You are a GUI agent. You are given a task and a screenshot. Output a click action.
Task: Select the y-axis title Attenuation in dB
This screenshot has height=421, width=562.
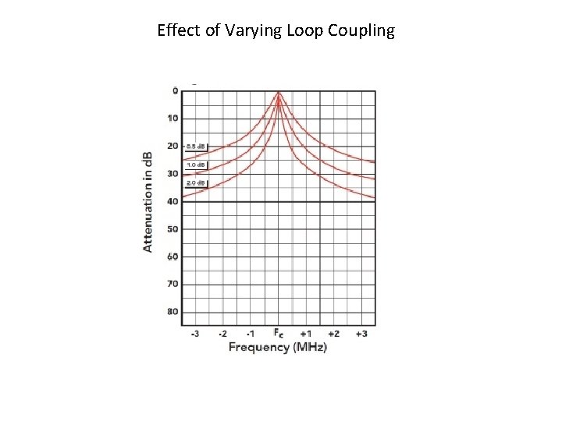148,201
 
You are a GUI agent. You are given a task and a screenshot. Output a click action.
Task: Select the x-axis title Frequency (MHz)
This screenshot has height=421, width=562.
278,347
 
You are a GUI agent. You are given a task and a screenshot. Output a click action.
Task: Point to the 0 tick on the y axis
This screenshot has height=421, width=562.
175,90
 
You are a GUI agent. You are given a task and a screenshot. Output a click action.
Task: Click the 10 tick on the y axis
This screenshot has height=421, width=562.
173,119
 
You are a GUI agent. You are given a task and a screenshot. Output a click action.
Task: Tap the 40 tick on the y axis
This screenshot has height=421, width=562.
173,201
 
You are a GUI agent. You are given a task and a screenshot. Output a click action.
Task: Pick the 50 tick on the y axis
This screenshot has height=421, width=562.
173,229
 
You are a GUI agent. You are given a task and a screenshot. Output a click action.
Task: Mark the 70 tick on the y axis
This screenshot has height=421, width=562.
173,284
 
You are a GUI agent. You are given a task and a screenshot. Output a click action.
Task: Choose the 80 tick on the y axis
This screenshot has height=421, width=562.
173,312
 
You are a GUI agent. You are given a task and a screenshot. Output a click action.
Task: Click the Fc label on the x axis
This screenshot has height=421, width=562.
279,333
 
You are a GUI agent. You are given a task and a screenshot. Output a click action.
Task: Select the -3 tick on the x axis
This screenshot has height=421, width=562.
194,334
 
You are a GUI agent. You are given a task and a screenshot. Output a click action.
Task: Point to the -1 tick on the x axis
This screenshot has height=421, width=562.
251,334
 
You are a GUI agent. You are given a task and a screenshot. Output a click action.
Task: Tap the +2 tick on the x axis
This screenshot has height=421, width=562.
333,334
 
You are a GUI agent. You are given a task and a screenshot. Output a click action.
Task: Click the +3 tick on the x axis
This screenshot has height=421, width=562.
361,334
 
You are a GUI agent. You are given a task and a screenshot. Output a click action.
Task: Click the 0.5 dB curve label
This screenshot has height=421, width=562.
196,147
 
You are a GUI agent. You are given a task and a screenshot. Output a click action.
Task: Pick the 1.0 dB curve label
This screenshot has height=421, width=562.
196,165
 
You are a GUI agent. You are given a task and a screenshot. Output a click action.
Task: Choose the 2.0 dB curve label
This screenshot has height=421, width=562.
196,183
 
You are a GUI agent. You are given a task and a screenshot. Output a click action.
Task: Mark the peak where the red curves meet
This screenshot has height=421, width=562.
279,93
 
